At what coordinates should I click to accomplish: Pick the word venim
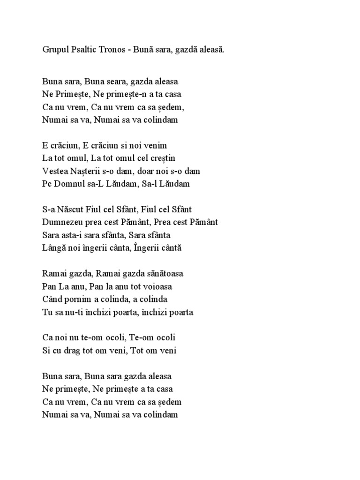point(156,145)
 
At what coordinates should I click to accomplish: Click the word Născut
point(75,209)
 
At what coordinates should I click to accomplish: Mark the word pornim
point(77,299)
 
